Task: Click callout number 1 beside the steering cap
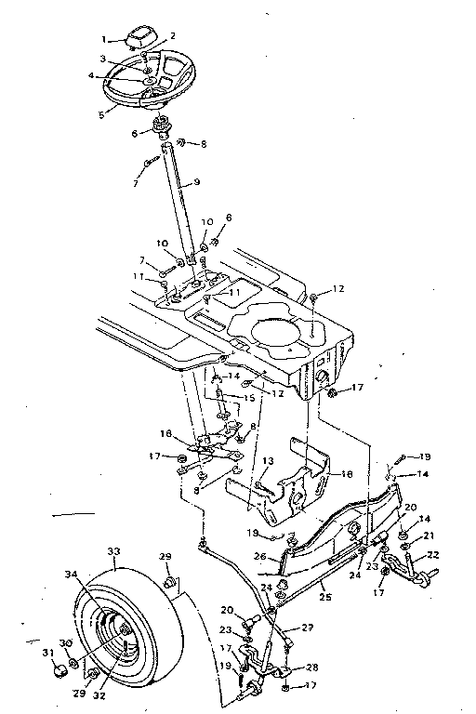(x=105, y=39)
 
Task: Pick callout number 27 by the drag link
(x=307, y=628)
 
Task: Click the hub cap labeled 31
(x=59, y=668)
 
